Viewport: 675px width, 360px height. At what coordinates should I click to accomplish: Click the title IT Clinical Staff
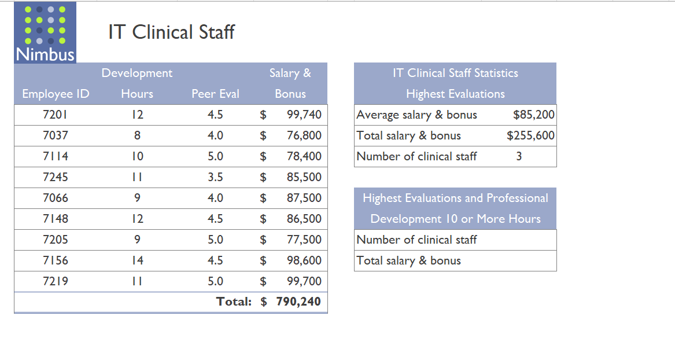pyautogui.click(x=171, y=32)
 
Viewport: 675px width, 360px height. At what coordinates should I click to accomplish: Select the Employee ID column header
pyautogui.click(x=56, y=94)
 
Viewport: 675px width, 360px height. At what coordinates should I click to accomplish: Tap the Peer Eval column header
pyautogui.click(x=215, y=94)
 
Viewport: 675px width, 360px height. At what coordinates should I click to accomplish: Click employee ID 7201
pyautogui.click(x=56, y=115)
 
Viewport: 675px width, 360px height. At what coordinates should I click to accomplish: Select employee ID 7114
pyautogui.click(x=56, y=156)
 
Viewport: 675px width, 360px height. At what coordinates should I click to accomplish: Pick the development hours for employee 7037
pyautogui.click(x=137, y=135)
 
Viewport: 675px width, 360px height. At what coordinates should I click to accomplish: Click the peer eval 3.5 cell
pyautogui.click(x=215, y=177)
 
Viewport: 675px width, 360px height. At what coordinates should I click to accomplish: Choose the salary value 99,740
pyautogui.click(x=304, y=115)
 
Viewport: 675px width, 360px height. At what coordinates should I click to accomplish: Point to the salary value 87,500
pyautogui.click(x=304, y=198)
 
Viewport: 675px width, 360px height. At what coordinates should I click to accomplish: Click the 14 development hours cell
pyautogui.click(x=137, y=260)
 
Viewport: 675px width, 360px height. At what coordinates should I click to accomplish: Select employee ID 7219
pyautogui.click(x=56, y=281)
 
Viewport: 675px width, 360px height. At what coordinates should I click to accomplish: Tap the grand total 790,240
pyautogui.click(x=298, y=302)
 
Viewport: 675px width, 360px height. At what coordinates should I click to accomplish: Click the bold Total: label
pyautogui.click(x=234, y=302)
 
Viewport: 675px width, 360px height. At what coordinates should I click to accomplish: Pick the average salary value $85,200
pyautogui.click(x=533, y=115)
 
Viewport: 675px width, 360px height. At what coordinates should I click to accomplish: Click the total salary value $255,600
pyautogui.click(x=530, y=135)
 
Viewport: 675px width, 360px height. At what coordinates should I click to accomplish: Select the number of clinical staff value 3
pyautogui.click(x=519, y=156)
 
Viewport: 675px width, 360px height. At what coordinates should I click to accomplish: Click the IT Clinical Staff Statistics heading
pyautogui.click(x=455, y=73)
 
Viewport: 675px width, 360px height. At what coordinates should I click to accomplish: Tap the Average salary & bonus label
pyautogui.click(x=416, y=115)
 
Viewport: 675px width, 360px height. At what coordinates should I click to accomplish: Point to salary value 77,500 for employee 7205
pyautogui.click(x=304, y=240)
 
